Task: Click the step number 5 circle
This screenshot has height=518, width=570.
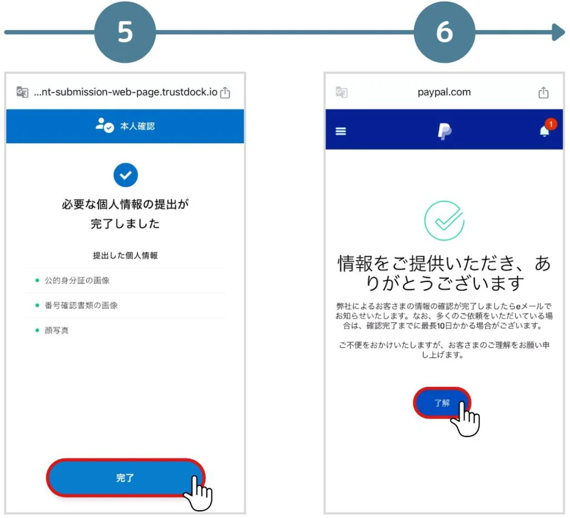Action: pos(125,32)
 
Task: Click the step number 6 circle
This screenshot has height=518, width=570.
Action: pos(444,32)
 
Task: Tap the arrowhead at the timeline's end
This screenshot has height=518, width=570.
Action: pos(558,32)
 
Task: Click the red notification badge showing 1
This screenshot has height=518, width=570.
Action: pos(550,124)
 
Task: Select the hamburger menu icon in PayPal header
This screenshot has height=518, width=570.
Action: pos(341,132)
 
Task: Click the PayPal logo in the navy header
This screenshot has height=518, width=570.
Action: pos(444,132)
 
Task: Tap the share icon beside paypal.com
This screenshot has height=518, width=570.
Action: pos(543,93)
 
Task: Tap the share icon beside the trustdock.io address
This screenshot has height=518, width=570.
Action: pos(225,93)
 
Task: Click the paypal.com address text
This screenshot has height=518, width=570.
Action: pos(444,92)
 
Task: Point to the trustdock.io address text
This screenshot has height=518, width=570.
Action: pos(125,92)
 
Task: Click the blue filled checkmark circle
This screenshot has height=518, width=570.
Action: pos(125,176)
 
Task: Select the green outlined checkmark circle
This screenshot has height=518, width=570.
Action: pos(444,221)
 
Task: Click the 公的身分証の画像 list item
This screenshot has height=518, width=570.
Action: pos(77,281)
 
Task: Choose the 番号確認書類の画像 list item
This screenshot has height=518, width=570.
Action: pos(81,306)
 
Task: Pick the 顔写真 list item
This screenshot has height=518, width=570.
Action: pos(57,331)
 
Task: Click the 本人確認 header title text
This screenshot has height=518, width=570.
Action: pos(137,126)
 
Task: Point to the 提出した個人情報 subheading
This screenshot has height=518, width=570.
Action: pos(125,256)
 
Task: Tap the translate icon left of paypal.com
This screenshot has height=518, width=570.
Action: pos(342,92)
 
